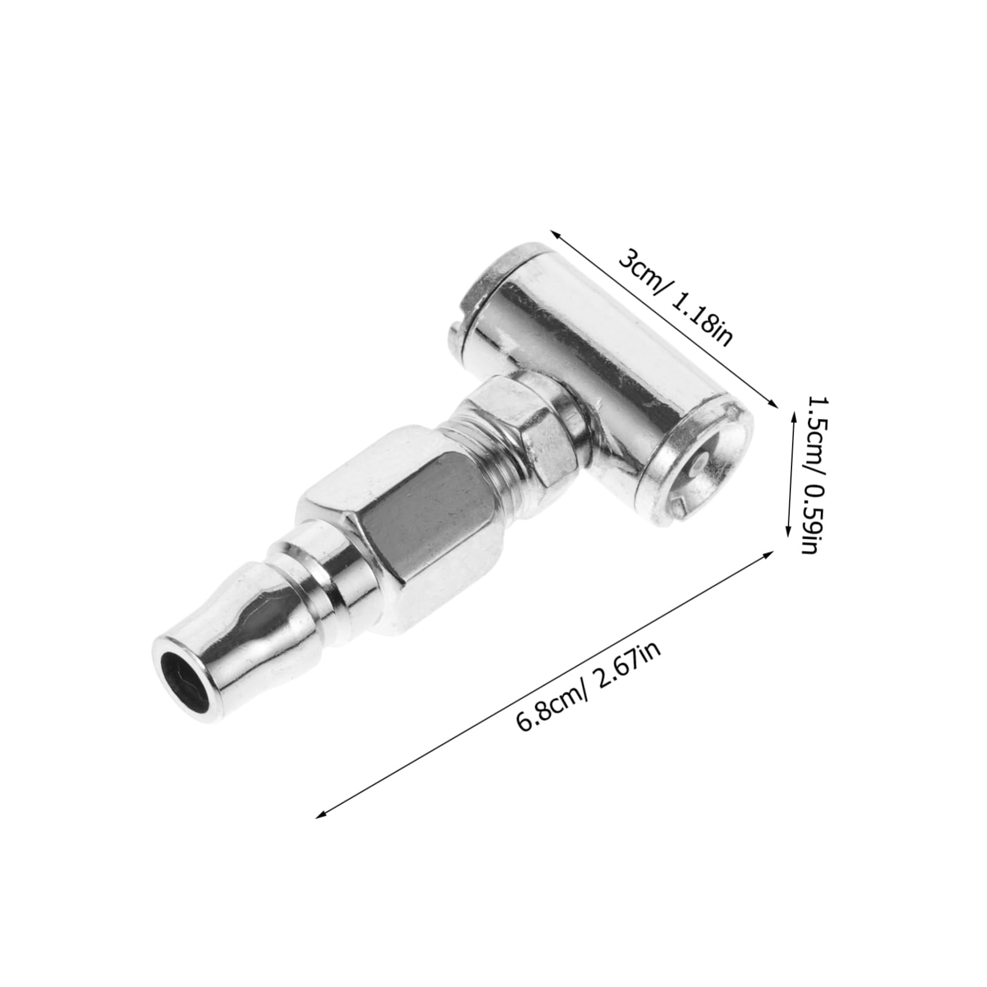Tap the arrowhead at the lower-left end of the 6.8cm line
point(319,814)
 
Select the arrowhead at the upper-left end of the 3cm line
point(555,232)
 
